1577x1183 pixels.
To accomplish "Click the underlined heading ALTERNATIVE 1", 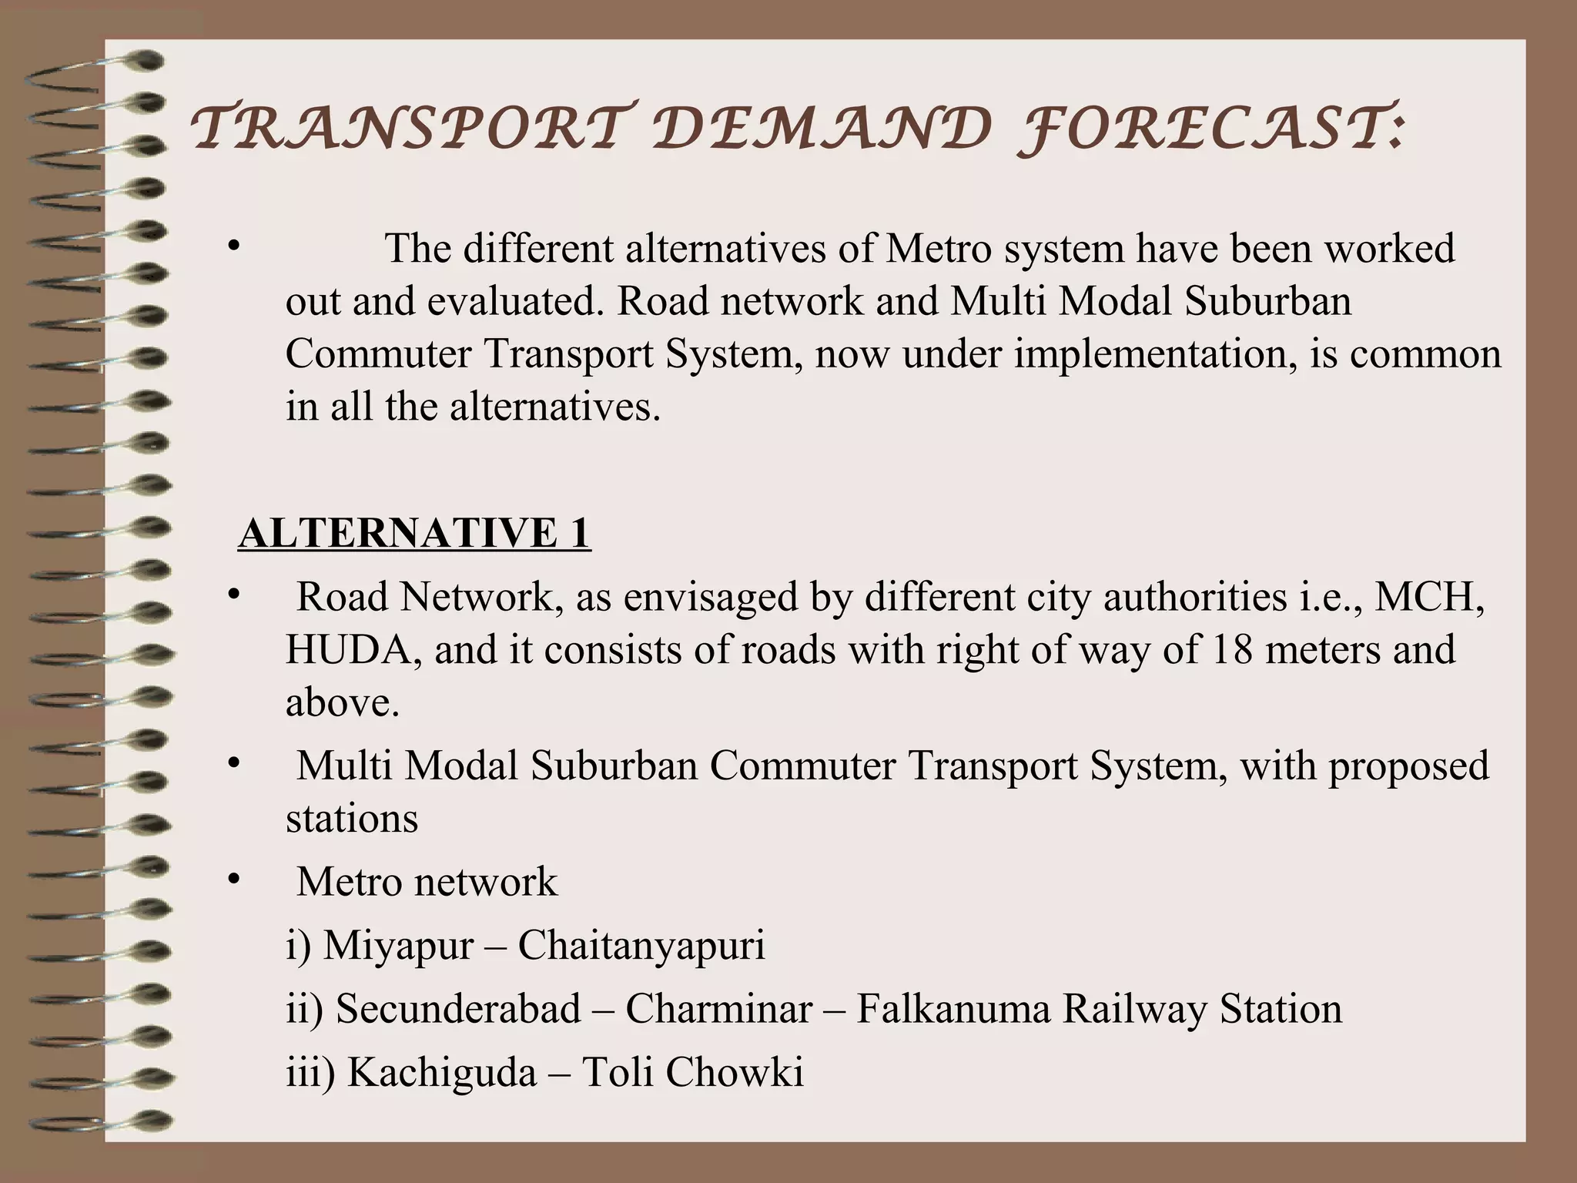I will (414, 533).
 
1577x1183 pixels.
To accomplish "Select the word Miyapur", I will (398, 945).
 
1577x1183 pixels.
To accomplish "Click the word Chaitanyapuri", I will (641, 945).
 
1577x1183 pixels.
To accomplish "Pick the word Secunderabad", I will (458, 1008).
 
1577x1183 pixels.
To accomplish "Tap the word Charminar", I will (718, 1008).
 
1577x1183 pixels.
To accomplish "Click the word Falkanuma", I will (953, 1008).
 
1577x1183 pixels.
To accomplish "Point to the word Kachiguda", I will (442, 1071).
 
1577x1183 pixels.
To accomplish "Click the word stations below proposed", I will (352, 819).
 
